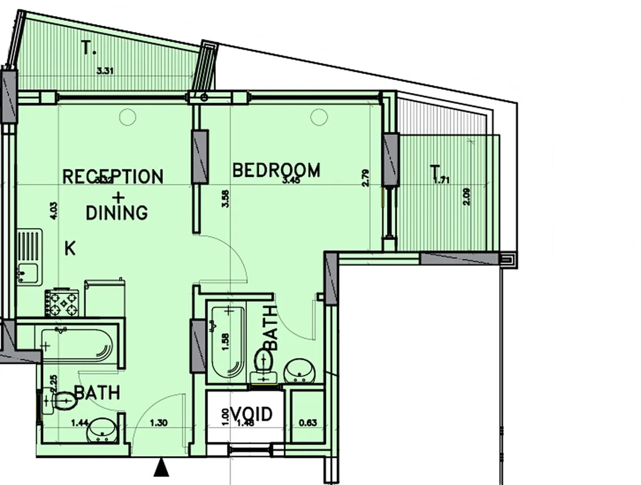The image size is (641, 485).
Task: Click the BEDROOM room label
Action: (277, 170)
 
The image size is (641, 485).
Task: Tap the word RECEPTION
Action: (113, 176)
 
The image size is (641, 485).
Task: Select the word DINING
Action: (116, 213)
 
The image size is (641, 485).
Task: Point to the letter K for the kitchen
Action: (69, 248)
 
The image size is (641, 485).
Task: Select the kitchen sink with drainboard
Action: (29, 256)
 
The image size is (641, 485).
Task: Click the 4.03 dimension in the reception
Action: (53, 207)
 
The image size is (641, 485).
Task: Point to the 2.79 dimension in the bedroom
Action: (365, 178)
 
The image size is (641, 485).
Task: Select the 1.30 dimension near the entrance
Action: (159, 423)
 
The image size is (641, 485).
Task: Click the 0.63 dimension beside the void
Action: (308, 423)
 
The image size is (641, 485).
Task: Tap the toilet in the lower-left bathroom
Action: (60, 401)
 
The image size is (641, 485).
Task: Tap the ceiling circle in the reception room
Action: (128, 116)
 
